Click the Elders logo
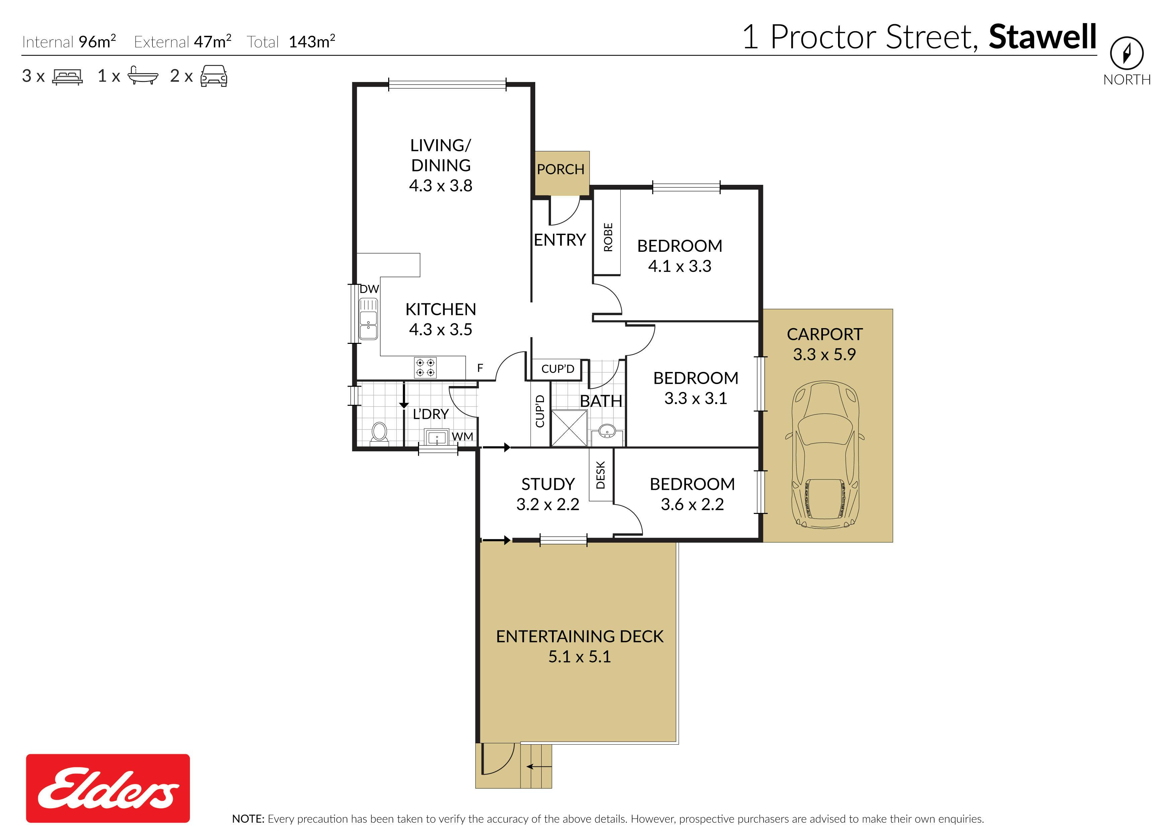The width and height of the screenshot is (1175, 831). coord(108,788)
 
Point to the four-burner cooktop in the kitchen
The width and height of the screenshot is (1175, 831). coord(425,367)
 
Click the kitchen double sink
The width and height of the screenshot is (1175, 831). coord(368,318)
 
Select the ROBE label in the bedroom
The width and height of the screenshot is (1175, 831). coord(608,237)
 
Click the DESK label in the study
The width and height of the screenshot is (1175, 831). coord(601,475)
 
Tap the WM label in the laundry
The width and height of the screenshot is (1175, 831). coord(463,437)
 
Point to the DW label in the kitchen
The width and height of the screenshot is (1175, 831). coord(369,289)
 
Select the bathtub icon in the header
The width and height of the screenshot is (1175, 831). coord(143,75)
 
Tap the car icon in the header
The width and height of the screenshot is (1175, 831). coord(214,76)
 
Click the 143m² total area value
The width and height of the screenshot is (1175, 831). coord(312,41)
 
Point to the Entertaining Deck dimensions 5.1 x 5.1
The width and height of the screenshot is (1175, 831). coord(579,657)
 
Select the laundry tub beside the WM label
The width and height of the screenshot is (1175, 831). coord(437,438)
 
